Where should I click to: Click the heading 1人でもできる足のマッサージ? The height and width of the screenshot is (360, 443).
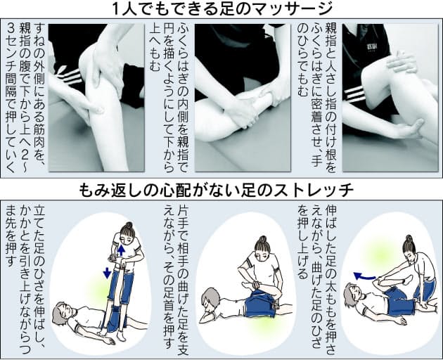[x=222, y=9]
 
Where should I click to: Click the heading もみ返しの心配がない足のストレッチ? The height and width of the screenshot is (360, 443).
[x=217, y=191]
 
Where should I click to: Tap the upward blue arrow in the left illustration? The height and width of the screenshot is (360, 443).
[x=121, y=250]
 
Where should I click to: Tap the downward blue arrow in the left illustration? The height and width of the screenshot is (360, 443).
[x=107, y=273]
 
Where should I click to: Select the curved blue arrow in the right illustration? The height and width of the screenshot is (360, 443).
[x=364, y=276]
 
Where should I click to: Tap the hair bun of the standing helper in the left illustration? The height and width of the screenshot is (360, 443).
[x=129, y=225]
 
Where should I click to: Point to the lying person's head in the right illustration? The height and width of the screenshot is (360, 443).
[x=352, y=295]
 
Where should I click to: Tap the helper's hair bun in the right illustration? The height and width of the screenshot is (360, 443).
[x=409, y=238]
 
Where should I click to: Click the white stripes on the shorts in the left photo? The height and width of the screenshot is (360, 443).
[x=67, y=75]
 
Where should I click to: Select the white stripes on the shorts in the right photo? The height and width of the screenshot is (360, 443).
[x=354, y=95]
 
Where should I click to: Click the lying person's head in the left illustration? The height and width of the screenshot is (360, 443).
[x=63, y=314]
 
